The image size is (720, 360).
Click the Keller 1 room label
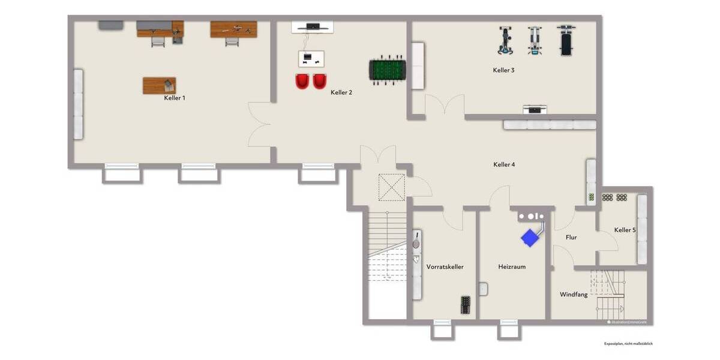pos(174,97)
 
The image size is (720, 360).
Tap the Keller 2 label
pos(341,92)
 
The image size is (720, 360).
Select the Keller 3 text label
pos(503,70)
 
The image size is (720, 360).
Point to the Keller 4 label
pos(503,164)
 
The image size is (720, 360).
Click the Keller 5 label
pos(625,230)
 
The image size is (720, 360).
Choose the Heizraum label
pos(511,266)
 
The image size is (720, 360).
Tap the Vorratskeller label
pos(445,266)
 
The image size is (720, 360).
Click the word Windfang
pos(573,295)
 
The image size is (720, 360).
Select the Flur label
pos(571,238)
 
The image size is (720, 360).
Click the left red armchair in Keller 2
pos(303,82)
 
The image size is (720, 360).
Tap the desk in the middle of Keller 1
pos(159,86)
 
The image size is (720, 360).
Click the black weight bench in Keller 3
pos(566,41)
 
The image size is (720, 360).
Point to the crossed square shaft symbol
pos(392,187)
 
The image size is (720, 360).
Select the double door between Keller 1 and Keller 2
pos(260,124)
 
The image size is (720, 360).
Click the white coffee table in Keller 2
pos(311,58)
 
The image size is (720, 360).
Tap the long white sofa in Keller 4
pos(550,125)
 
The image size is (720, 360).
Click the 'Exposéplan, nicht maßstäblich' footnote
pos(628,344)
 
